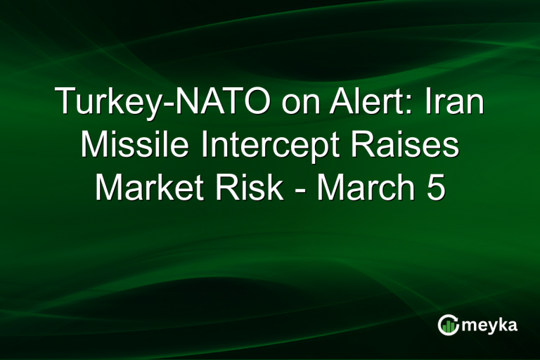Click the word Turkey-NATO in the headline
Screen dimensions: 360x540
(162, 104)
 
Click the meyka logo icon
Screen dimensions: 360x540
(448, 325)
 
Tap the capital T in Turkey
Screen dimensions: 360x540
(64, 104)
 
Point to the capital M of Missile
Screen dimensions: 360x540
(94, 147)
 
